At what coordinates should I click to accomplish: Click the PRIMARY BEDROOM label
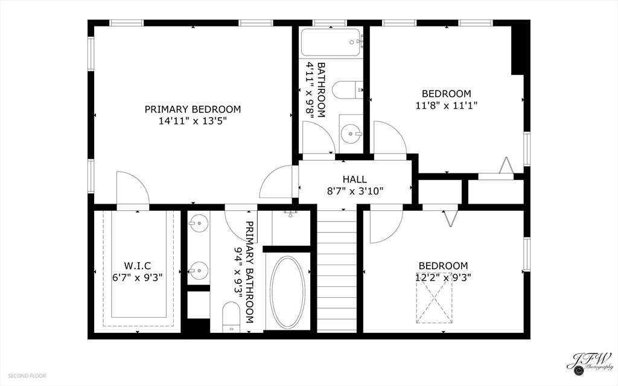[x=193, y=109]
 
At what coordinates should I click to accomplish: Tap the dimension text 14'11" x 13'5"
[x=193, y=121]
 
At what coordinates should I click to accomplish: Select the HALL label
[x=355, y=179]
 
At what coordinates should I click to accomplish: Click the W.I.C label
[x=138, y=266]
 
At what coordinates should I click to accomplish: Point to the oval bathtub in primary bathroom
[x=287, y=292]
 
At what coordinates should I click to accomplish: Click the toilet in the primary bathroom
[x=231, y=317]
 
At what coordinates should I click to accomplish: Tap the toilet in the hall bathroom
[x=348, y=90]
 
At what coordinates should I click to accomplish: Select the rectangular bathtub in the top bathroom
[x=331, y=42]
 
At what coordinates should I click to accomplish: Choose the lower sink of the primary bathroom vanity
[x=198, y=271]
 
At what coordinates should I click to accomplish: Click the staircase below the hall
[x=337, y=271]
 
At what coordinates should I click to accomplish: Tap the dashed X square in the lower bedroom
[x=434, y=298]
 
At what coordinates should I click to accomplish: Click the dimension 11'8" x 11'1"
[x=447, y=105]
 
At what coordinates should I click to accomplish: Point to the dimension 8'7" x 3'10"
[x=355, y=191]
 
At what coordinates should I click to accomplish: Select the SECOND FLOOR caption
[x=27, y=376]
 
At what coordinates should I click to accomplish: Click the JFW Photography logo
[x=589, y=362]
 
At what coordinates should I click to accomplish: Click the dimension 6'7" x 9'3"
[x=138, y=277]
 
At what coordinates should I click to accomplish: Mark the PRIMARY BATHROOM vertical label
[x=244, y=272]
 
